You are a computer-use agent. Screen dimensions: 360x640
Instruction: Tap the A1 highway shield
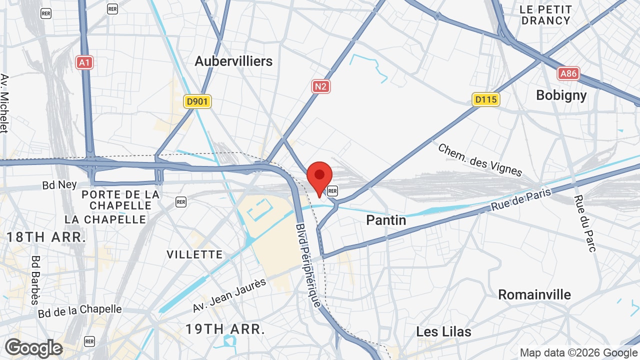point(84,62)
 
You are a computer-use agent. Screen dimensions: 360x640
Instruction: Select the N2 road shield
point(321,86)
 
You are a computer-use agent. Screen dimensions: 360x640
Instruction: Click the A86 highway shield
point(568,74)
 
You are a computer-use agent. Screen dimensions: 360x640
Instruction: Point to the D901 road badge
point(197,102)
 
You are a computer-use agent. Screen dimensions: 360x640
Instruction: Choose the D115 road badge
point(486,99)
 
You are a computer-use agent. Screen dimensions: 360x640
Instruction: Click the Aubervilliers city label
point(233,61)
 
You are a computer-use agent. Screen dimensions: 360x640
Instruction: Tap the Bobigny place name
point(561,95)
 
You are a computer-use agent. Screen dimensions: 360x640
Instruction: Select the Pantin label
point(386,220)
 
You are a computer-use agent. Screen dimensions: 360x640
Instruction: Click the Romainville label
point(534,294)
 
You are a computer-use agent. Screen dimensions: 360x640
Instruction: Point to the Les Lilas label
point(443,331)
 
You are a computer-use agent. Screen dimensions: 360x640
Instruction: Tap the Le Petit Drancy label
point(545,15)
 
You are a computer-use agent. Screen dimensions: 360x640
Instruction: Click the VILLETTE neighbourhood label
point(194,254)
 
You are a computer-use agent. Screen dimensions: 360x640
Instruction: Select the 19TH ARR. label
point(225,329)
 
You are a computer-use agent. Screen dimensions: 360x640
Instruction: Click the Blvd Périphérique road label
point(308,264)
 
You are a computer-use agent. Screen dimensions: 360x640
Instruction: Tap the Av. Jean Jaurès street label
point(230,295)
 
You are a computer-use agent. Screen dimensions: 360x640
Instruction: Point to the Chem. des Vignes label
point(480,160)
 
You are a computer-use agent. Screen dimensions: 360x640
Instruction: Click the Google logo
point(33,348)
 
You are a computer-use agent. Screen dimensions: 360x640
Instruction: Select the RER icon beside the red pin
point(332,190)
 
